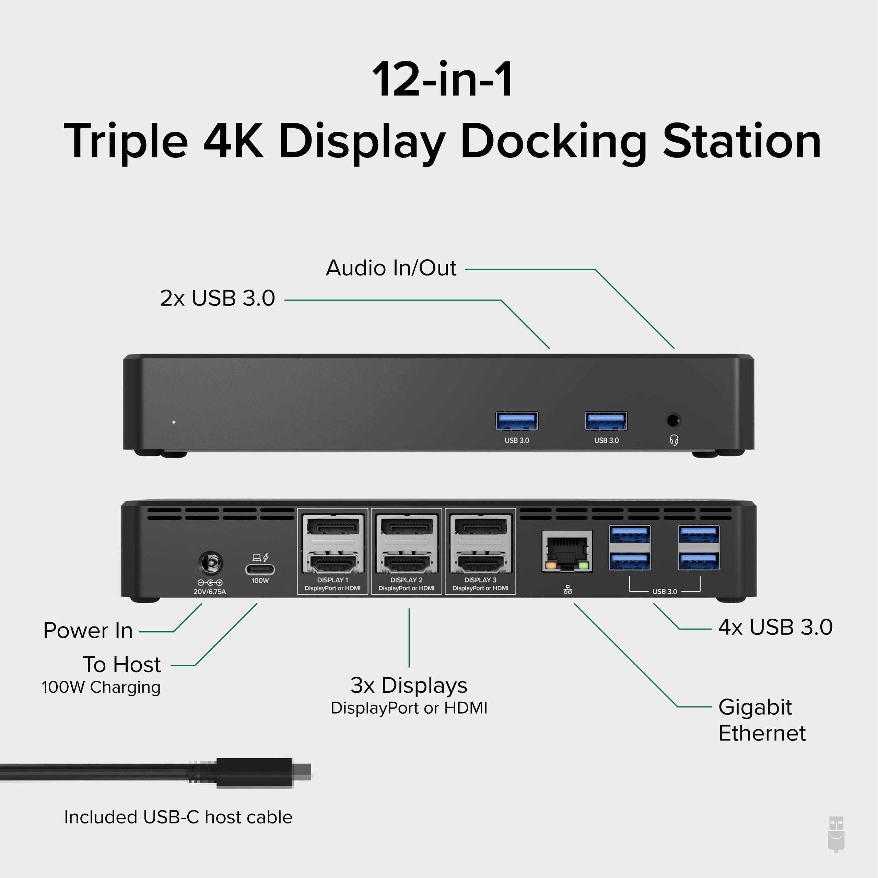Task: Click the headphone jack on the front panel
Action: pos(673,420)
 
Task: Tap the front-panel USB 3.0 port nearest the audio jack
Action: pos(606,421)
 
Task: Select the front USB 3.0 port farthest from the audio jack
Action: pos(517,421)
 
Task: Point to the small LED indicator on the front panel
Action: pos(174,422)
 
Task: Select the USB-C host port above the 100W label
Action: pos(260,569)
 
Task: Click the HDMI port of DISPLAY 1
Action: pos(333,564)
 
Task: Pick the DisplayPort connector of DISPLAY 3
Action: pos(481,528)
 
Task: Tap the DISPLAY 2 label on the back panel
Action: pos(406,580)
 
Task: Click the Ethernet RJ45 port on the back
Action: pos(567,550)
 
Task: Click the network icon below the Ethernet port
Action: pos(567,589)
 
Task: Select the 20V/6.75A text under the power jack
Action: pos(210,592)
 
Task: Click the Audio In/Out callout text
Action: pos(391,268)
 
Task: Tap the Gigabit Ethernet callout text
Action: pos(762,720)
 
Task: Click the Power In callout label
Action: pos(88,630)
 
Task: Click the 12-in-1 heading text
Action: pos(443,80)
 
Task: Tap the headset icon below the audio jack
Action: pos(674,440)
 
